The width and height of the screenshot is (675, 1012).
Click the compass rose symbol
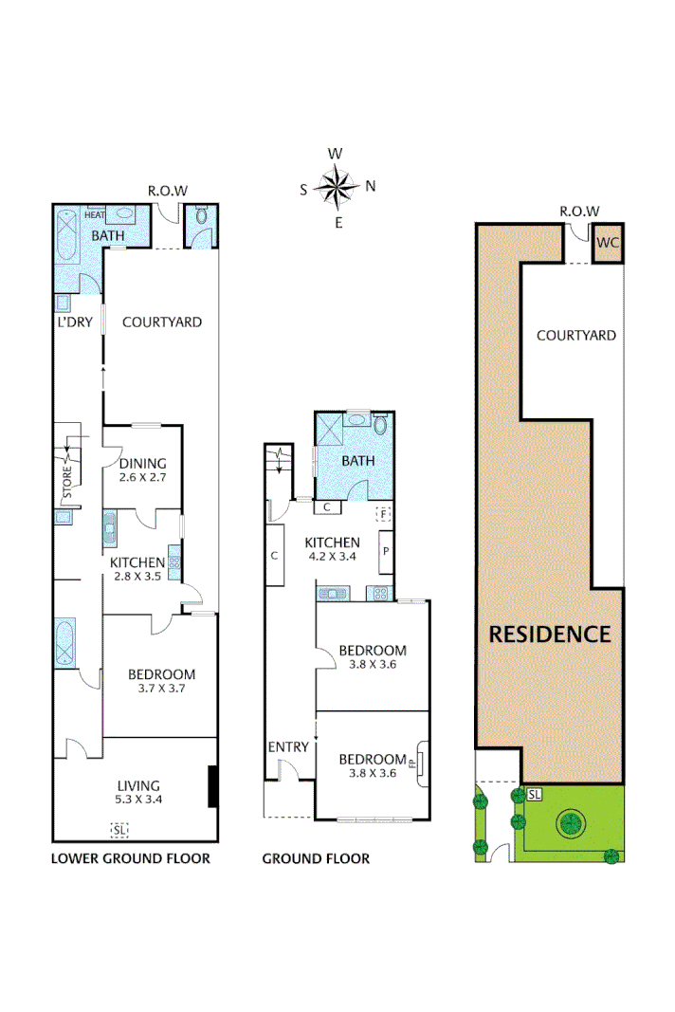pos(337,186)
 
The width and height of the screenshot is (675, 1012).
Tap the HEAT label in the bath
pos(95,215)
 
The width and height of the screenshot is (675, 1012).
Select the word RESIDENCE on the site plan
pos(550,635)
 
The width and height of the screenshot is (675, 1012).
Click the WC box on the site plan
pos(608,243)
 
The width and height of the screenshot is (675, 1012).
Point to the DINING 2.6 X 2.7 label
pos(142,469)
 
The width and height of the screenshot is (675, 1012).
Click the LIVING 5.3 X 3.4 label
pos(138,792)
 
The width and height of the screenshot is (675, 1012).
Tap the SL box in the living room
pos(119,831)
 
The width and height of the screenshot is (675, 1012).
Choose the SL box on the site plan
pos(534,794)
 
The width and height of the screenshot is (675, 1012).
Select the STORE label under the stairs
pos(67,482)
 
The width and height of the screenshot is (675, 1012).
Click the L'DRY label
pos(74,322)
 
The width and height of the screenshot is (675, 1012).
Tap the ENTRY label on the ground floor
pos(288,746)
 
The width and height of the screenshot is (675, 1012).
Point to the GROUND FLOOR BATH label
pos(358,461)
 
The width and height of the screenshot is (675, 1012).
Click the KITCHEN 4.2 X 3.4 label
pos(331,549)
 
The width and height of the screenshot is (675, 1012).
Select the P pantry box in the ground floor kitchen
pos(386,550)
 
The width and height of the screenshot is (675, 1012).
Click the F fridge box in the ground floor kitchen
pos(384,514)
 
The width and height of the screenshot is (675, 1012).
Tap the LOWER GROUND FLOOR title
pos(130,858)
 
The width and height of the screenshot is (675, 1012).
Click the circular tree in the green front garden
pos(571,823)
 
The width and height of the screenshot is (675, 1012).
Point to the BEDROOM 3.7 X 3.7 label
pos(161,681)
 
